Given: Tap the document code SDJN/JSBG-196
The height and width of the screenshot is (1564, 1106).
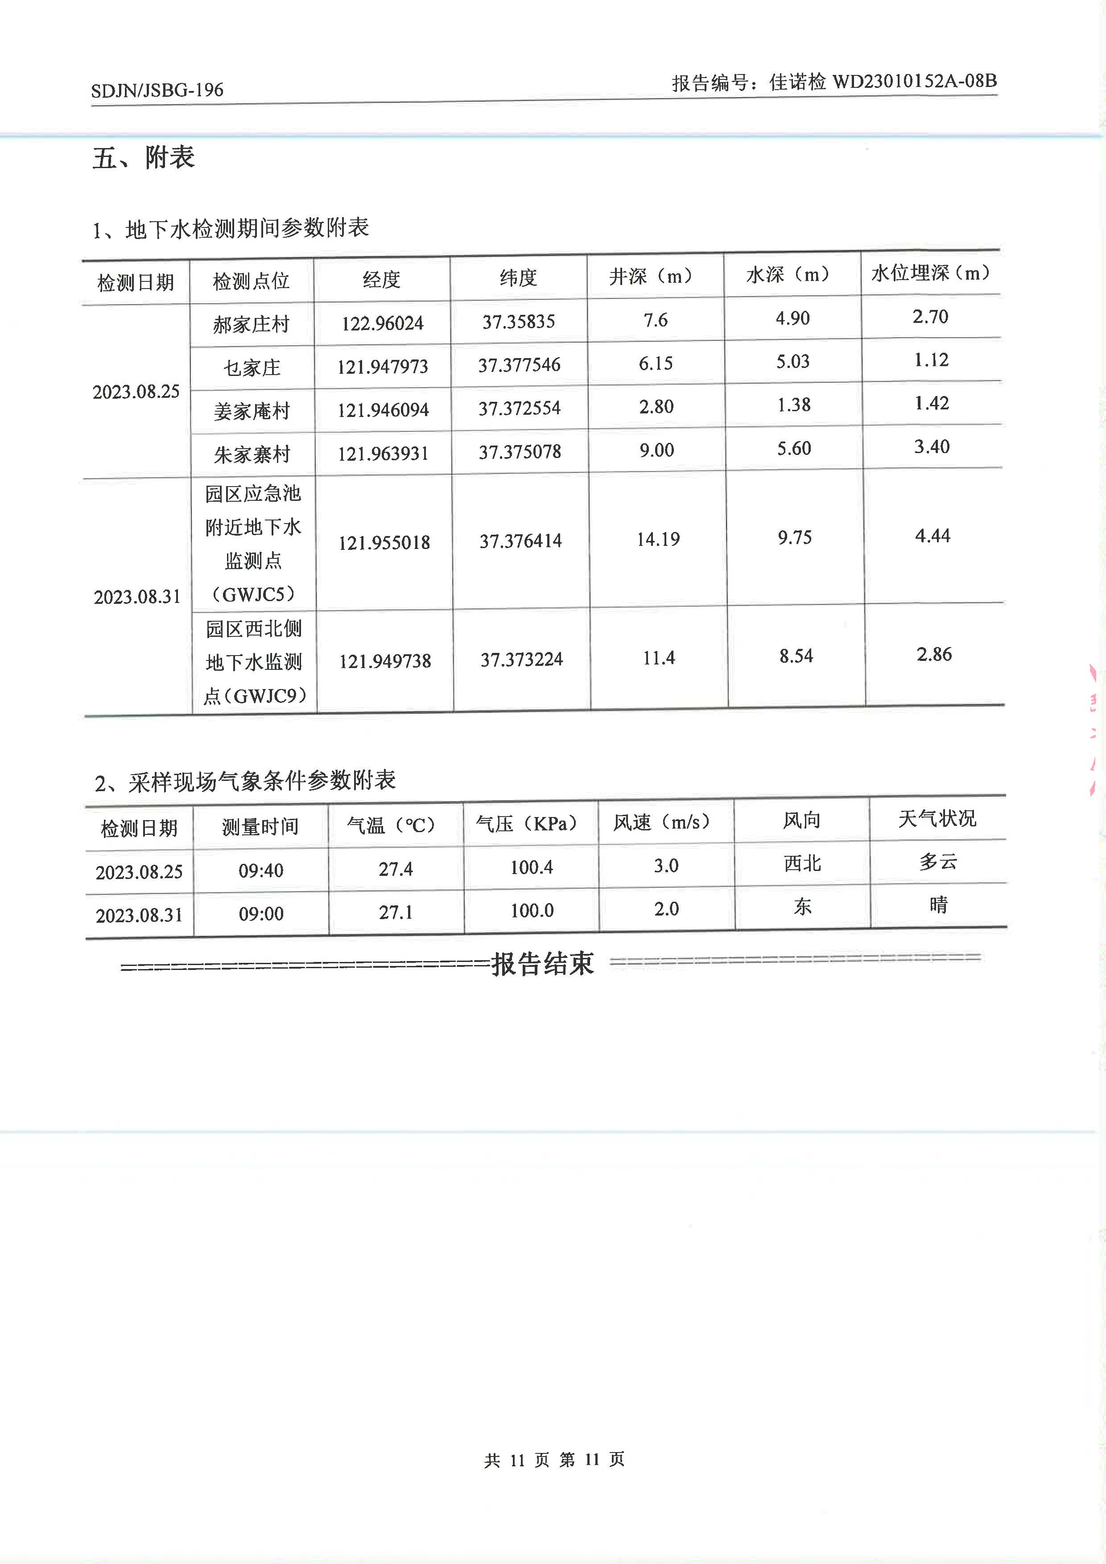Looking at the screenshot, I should pyautogui.click(x=157, y=90).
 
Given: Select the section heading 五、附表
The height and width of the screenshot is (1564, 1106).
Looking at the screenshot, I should pyautogui.click(x=144, y=158).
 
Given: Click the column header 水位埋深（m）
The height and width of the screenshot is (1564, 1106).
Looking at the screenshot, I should pyautogui.click(x=930, y=273).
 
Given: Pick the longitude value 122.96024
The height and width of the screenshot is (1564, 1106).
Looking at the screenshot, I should pyautogui.click(x=382, y=323).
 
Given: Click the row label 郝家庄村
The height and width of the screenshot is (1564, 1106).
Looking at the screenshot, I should pyautogui.click(x=251, y=324).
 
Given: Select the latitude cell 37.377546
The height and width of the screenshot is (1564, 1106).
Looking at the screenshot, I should pyautogui.click(x=519, y=365).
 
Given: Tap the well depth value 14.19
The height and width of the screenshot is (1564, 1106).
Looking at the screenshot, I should pyautogui.click(x=658, y=540).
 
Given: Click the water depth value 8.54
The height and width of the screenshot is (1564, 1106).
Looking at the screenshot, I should pyautogui.click(x=796, y=656).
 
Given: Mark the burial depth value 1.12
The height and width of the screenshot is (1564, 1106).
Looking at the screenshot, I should pyautogui.click(x=931, y=359).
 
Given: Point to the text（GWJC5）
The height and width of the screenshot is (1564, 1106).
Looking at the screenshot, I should pyautogui.click(x=253, y=594).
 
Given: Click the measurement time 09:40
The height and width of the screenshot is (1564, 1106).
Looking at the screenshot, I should pyautogui.click(x=261, y=870).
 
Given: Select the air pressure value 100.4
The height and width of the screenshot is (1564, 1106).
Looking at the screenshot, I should pyautogui.click(x=531, y=867).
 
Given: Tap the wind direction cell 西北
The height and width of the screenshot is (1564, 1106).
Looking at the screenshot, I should pyautogui.click(x=802, y=864).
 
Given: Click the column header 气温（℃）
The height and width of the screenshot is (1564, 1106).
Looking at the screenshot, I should pyautogui.click(x=391, y=825).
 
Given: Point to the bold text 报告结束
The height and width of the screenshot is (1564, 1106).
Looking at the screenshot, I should pyautogui.click(x=543, y=964).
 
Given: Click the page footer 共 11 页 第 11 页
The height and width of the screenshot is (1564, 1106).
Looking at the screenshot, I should pyautogui.click(x=554, y=1459).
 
